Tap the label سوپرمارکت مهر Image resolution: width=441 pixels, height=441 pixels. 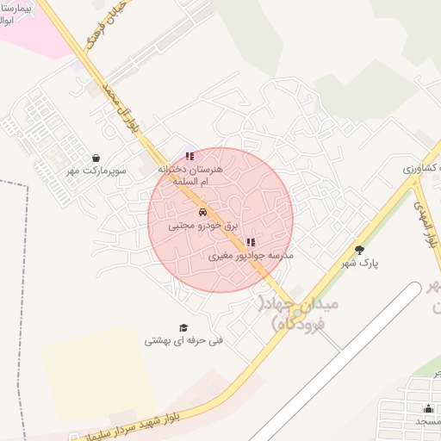97,171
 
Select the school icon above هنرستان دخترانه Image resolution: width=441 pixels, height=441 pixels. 189,156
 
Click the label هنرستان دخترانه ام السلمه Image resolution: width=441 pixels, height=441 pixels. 189,176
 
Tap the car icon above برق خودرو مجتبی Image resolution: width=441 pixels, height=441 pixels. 202,212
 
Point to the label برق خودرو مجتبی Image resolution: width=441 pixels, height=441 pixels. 202,225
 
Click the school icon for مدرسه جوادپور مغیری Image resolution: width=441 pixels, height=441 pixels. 251,243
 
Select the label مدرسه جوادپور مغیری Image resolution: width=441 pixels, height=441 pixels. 252,256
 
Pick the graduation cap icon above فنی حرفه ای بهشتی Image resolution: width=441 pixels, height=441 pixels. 183,327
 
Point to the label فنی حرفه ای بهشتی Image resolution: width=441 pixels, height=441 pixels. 183,341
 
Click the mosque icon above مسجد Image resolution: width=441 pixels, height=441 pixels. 428,408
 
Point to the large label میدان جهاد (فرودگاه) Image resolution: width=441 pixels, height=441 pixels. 301,314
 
